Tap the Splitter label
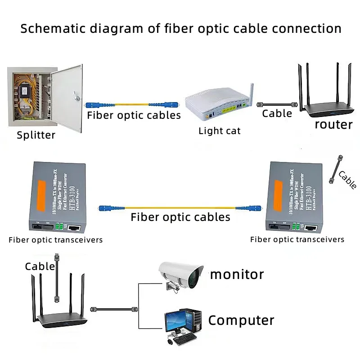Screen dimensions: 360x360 [x=36, y=135]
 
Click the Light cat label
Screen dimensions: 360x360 [x=220, y=131]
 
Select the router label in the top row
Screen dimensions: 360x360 [x=333, y=124]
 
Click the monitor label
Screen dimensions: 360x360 [x=237, y=274]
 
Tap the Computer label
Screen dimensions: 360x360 [x=241, y=320]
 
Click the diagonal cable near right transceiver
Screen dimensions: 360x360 [x=336, y=170]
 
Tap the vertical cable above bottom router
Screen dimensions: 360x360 [x=56, y=279]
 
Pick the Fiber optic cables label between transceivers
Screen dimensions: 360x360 [x=180, y=217]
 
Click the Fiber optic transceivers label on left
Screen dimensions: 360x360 [x=56, y=240]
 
